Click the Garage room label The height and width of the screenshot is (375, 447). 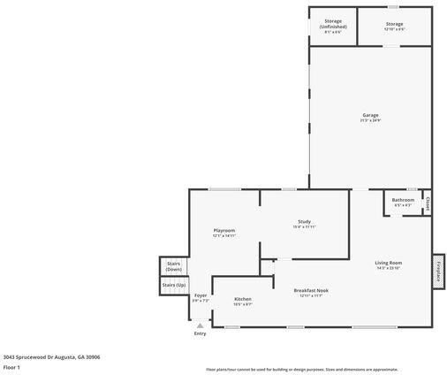(370, 115)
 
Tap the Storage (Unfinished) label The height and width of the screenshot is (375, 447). (333, 24)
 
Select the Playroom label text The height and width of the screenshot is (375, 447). (224, 230)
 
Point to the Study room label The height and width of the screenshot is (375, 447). (304, 221)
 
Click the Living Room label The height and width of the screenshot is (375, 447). (389, 263)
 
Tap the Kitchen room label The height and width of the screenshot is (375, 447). (243, 299)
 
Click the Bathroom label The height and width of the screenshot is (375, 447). (404, 200)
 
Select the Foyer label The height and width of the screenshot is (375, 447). (201, 295)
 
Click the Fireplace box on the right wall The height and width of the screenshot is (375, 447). (437, 271)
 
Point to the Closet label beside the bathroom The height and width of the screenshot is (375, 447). (428, 203)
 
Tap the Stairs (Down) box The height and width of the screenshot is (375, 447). (174, 266)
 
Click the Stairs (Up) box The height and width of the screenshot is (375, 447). (174, 285)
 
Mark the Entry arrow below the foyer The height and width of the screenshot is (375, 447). (201, 325)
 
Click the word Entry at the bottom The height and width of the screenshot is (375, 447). (201, 333)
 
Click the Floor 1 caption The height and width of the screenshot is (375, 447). (11, 366)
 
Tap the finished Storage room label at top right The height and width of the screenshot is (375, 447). (394, 24)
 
